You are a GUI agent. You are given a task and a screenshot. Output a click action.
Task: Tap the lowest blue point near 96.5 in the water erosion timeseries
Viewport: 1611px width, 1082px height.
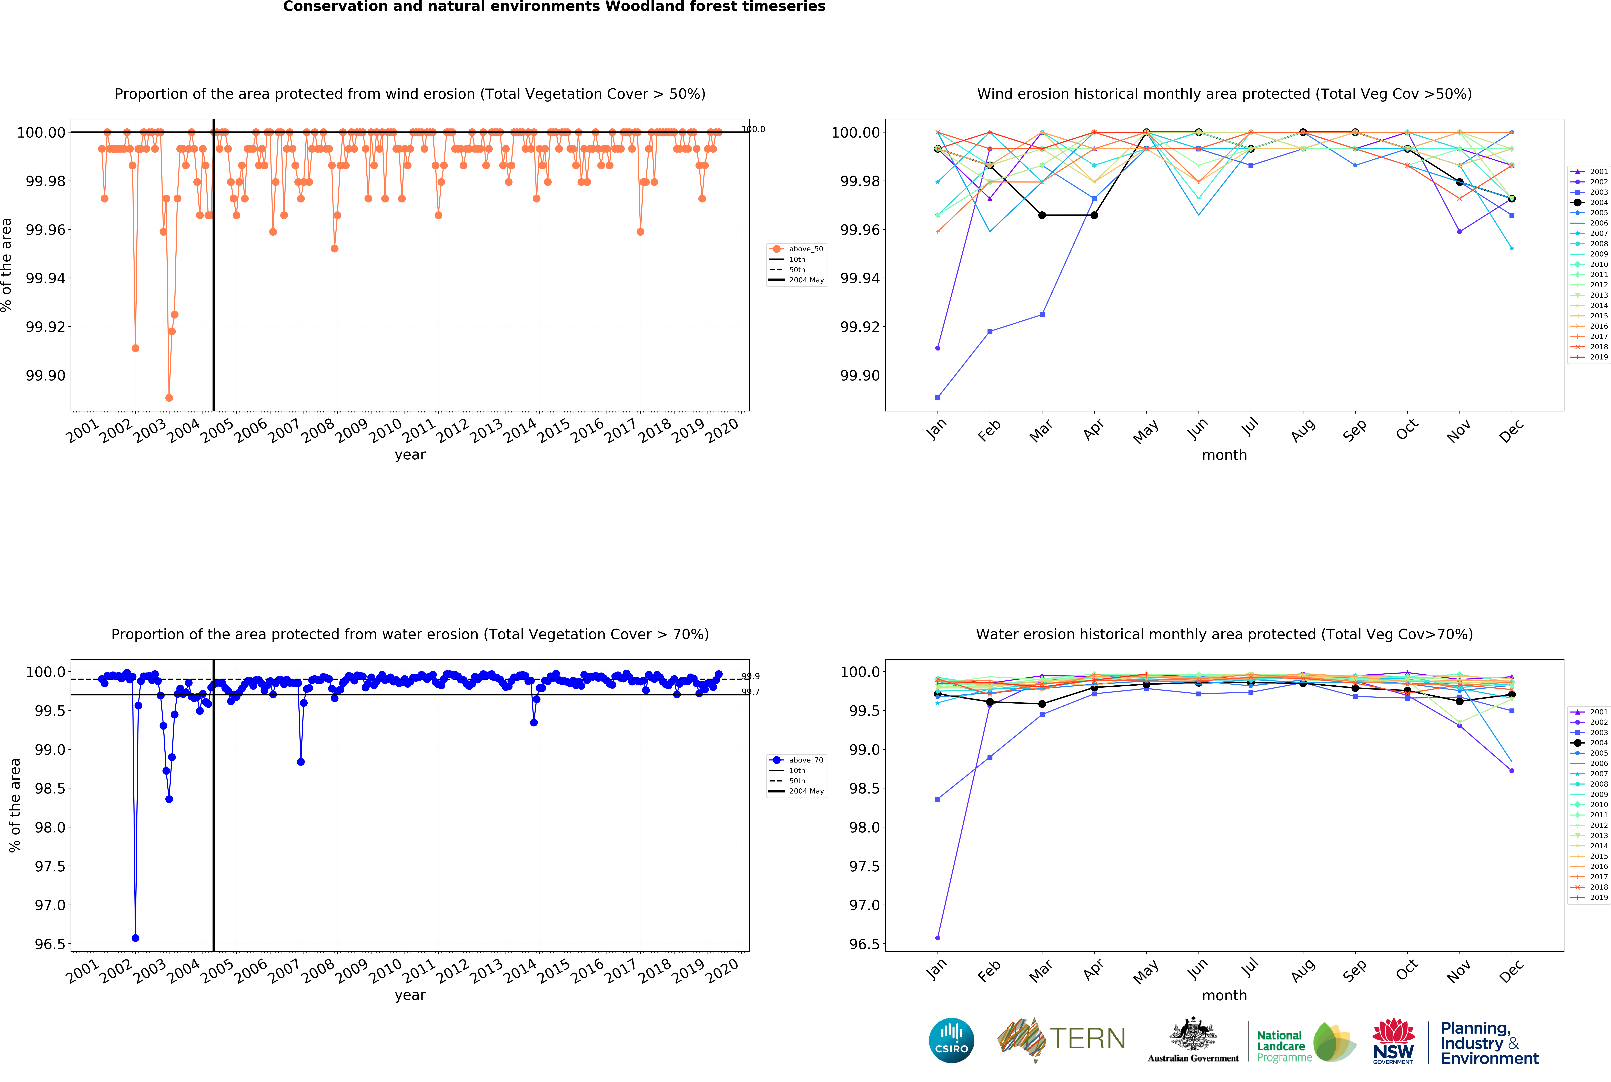(135, 938)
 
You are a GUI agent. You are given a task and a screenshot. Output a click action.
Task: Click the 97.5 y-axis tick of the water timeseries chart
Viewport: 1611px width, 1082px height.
(50, 866)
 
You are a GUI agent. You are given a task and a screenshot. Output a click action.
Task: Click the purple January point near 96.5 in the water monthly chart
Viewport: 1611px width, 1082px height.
(937, 938)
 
